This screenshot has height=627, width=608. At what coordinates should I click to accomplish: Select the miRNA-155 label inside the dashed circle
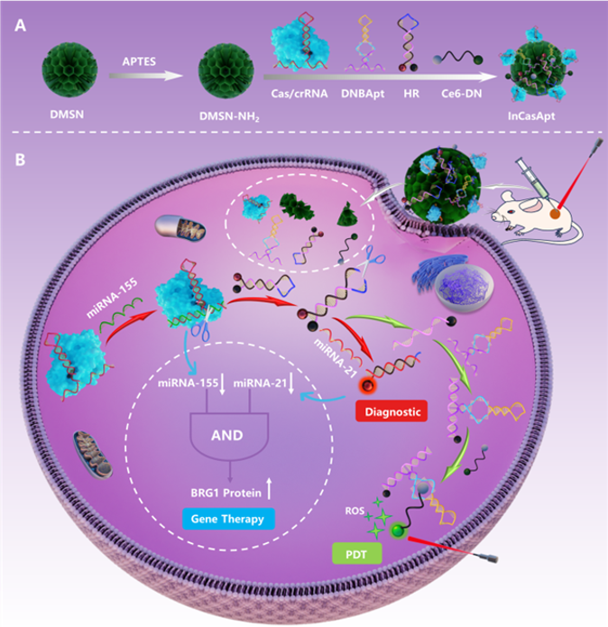coord(187,385)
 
